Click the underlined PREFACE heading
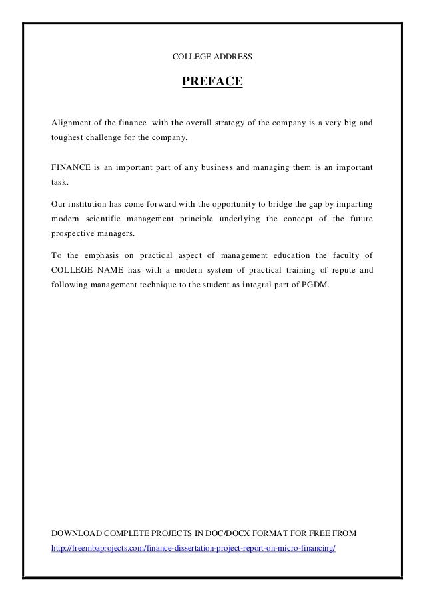click(212, 83)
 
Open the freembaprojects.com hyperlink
click(194, 549)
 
